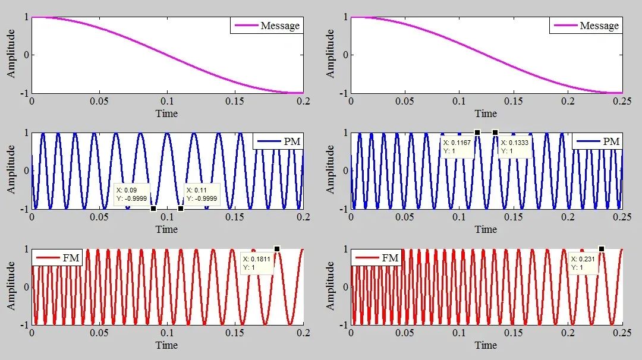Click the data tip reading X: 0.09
tap(132, 194)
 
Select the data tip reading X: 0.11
tap(202, 194)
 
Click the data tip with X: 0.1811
tap(257, 263)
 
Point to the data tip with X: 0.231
tap(584, 263)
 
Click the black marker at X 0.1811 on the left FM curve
tap(277, 249)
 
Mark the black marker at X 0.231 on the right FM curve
tap(602, 249)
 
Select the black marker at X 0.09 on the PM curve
tap(153, 209)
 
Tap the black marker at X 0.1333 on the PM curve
tap(495, 132)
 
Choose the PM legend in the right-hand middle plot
tap(597, 141)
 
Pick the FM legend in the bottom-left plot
tap(58, 257)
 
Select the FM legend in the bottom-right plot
tap(377, 257)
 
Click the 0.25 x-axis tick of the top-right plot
tap(622, 102)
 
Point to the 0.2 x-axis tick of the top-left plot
tap(303, 102)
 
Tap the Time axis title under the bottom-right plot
tap(486, 345)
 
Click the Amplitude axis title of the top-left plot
tap(11, 55)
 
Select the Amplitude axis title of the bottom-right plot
tap(331, 286)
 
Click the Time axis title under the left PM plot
tap(166, 229)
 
